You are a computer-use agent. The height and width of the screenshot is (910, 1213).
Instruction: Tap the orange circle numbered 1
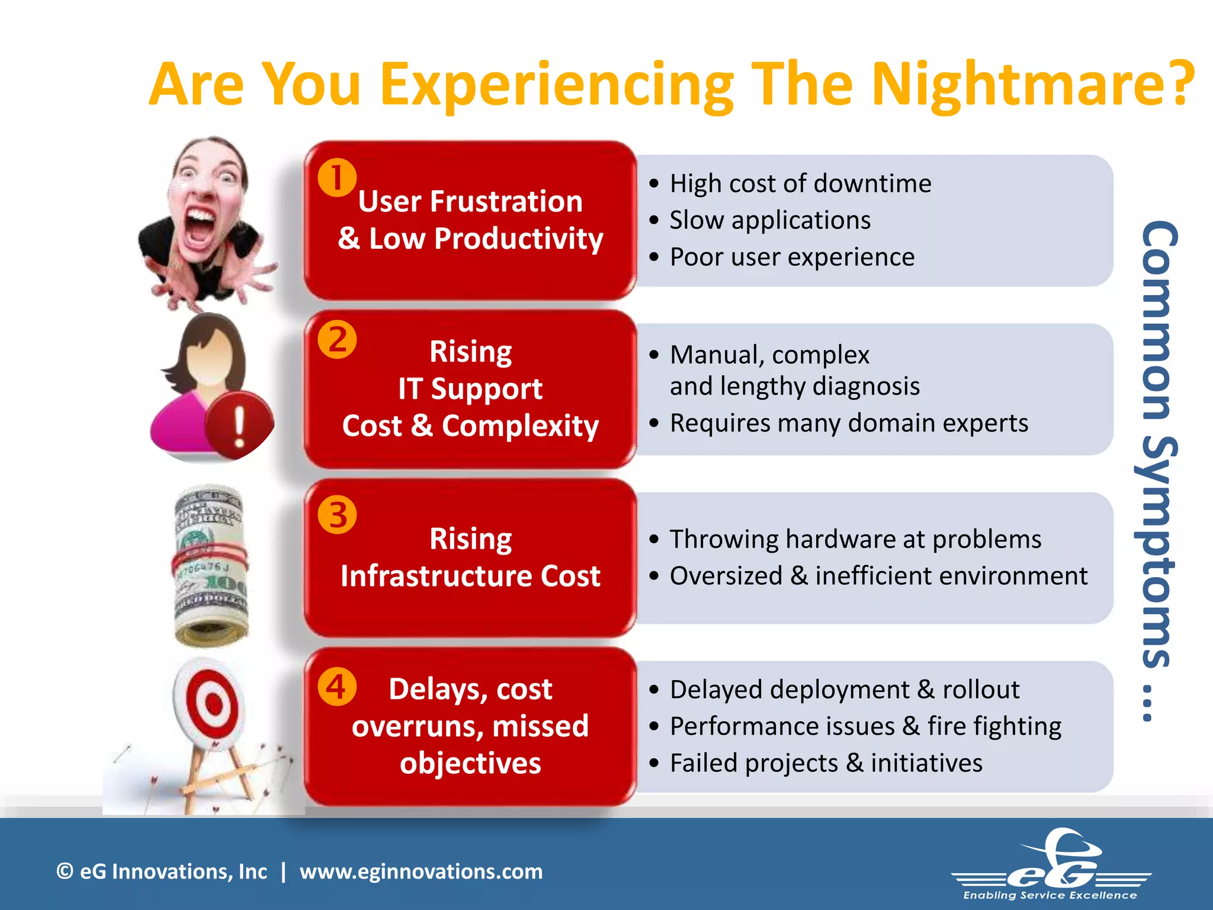pos(337,177)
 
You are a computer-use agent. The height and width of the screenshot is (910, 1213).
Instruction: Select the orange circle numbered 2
pos(337,339)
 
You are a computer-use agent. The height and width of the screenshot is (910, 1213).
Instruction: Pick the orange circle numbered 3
pos(337,514)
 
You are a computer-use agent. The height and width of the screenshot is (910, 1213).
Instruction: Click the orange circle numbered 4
pos(337,687)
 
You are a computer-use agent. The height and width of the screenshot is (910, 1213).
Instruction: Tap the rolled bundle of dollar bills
pos(210,566)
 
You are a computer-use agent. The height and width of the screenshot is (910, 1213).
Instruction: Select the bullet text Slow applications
pos(770,220)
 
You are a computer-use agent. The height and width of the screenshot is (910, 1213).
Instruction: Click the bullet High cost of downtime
pos(800,184)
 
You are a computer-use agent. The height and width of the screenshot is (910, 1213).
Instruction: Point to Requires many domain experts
pos(848,423)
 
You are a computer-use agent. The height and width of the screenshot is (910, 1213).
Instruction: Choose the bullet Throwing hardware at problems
pos(855,539)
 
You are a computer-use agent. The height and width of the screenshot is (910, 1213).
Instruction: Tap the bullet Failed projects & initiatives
pos(826,763)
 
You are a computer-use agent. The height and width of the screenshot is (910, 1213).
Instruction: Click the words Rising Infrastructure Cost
pos(470,557)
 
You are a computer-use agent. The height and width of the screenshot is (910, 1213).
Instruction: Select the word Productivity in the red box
pos(518,239)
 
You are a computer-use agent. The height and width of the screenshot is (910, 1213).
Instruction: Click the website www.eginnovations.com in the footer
pos(421,871)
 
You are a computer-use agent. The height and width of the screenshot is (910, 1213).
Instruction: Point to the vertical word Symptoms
pos(1155,551)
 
